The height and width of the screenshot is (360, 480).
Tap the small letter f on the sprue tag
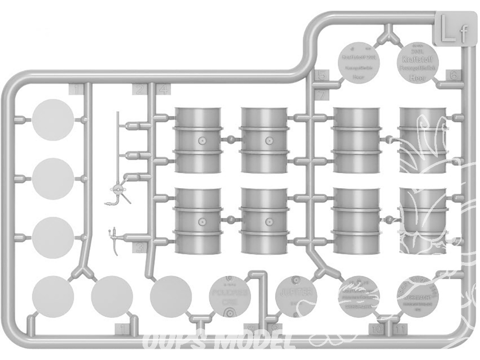(462, 34)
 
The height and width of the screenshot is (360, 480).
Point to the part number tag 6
(454, 75)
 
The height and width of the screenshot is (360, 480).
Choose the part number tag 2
(140, 89)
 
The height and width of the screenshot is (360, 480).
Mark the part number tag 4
(163, 89)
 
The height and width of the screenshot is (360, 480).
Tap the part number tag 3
(140, 248)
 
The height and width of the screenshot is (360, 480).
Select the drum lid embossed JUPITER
(296, 295)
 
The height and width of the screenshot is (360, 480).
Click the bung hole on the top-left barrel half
(203, 141)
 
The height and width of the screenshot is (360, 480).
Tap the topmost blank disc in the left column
(53, 120)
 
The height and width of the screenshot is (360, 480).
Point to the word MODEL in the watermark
(262, 342)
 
